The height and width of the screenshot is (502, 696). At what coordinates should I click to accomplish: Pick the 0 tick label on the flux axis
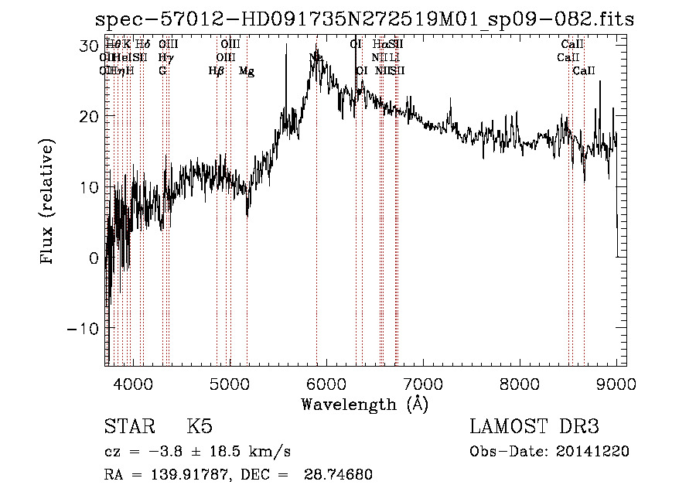pos(94,258)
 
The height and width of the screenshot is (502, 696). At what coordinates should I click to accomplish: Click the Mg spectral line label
pos(247,71)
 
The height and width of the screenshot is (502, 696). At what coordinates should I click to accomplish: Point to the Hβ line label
pos(216,71)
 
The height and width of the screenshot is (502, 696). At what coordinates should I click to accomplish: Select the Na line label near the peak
pos(316,57)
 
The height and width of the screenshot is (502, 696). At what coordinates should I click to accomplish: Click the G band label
pos(162,71)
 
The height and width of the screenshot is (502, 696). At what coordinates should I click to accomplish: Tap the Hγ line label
pos(165,57)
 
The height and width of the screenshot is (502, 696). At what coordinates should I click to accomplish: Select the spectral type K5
pos(200,427)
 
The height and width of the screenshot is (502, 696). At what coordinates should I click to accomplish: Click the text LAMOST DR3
pos(534,427)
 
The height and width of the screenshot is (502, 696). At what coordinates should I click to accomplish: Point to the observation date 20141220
pos(593,451)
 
